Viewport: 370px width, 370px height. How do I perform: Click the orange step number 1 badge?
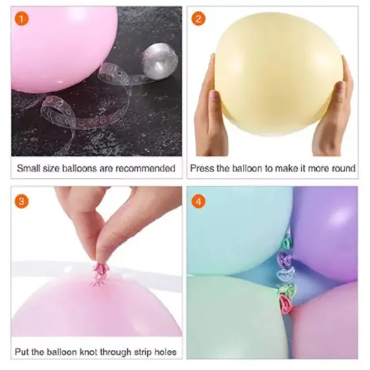pyautogui.click(x=24, y=20)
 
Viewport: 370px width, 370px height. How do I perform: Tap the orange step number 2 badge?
pyautogui.click(x=198, y=19)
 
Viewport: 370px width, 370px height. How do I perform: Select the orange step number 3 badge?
pyautogui.click(x=24, y=201)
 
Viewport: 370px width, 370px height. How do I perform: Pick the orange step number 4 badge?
pyautogui.click(x=198, y=201)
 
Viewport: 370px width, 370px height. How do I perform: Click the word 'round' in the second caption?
pyautogui.click(x=341, y=168)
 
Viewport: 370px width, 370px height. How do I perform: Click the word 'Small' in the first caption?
pyautogui.click(x=30, y=168)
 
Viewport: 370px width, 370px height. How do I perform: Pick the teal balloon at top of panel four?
pyautogui.click(x=235, y=225)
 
